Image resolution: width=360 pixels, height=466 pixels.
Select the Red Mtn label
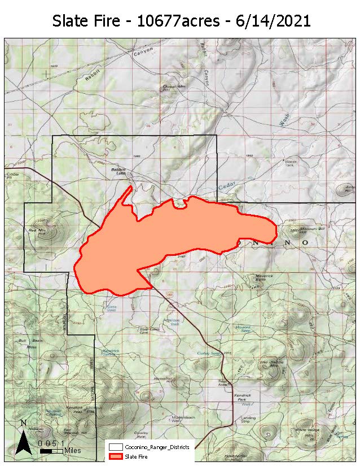(x=37, y=230)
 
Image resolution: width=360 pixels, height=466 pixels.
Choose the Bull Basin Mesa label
(x=24, y=343)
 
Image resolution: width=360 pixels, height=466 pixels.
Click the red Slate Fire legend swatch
(x=117, y=456)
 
